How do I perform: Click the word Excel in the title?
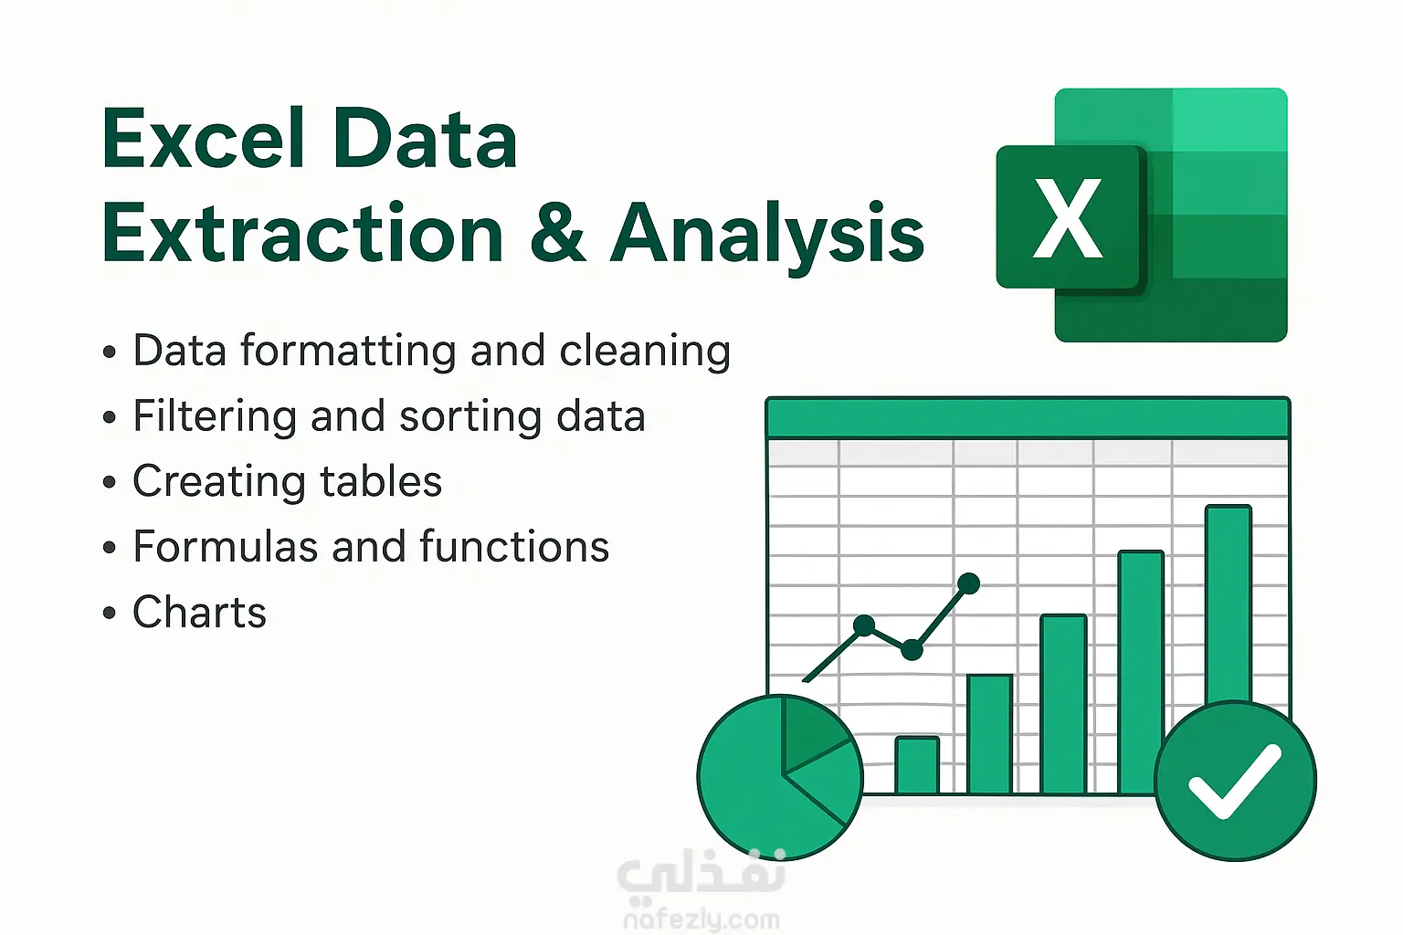203,138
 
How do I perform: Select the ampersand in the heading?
558,233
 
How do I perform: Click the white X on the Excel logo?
1067,217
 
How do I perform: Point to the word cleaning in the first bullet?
645,352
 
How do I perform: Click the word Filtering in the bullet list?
215,417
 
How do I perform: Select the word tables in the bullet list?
381,481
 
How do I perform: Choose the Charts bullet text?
200,612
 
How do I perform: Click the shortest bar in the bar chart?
917,764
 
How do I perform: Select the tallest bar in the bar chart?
1229,604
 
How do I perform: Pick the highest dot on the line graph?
968,583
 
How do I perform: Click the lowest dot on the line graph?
912,650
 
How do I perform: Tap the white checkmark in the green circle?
1235,781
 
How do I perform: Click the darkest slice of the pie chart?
813,732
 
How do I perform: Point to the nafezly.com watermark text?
701,919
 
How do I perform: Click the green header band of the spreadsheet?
1028,417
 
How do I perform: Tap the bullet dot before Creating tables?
110,481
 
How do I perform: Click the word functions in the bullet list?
514,546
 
